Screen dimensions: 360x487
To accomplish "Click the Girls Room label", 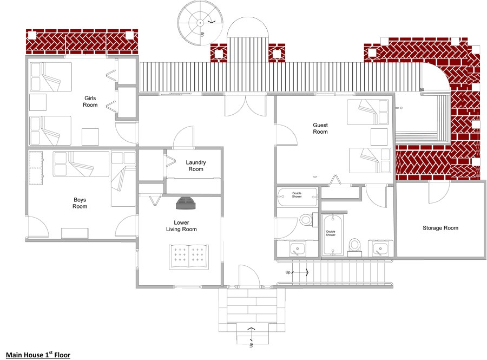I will coord(90,101).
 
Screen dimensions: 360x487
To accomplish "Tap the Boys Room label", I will coord(80,203).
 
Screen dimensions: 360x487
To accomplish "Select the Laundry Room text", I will coord(196,166).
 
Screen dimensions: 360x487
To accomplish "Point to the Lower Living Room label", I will coord(181,226).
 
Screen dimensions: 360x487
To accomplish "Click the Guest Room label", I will coord(320,128).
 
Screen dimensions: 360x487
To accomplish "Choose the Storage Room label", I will coord(440,228).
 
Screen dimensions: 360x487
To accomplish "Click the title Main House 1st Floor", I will coord(38,355).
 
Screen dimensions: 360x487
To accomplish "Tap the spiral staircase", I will coord(200,23).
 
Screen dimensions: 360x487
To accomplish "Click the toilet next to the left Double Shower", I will coord(306,220).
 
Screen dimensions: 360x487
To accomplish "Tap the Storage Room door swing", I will coord(438,191).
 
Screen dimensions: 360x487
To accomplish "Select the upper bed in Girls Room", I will coord(50,77).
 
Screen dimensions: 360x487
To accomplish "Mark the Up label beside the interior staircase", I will coord(288,272).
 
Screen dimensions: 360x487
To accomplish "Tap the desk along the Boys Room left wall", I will coord(36,168).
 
